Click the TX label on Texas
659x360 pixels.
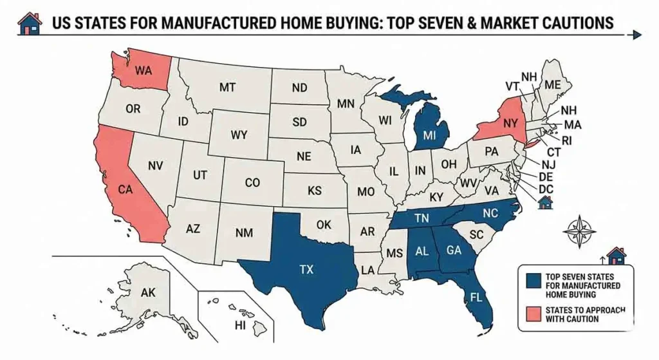pyautogui.click(x=306, y=270)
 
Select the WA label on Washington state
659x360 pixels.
pyautogui.click(x=144, y=70)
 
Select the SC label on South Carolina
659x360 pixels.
pyautogui.click(x=476, y=236)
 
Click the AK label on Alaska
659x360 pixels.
pyautogui.click(x=148, y=292)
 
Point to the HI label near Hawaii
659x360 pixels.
pyautogui.click(x=241, y=325)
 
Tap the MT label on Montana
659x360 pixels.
pyautogui.click(x=227, y=87)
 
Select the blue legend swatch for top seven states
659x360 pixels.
pyautogui.click(x=532, y=280)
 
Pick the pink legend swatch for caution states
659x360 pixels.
pyautogui.click(x=532, y=314)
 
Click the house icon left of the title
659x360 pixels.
pyautogui.click(x=29, y=23)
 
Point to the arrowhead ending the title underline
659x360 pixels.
pyautogui.click(x=637, y=35)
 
